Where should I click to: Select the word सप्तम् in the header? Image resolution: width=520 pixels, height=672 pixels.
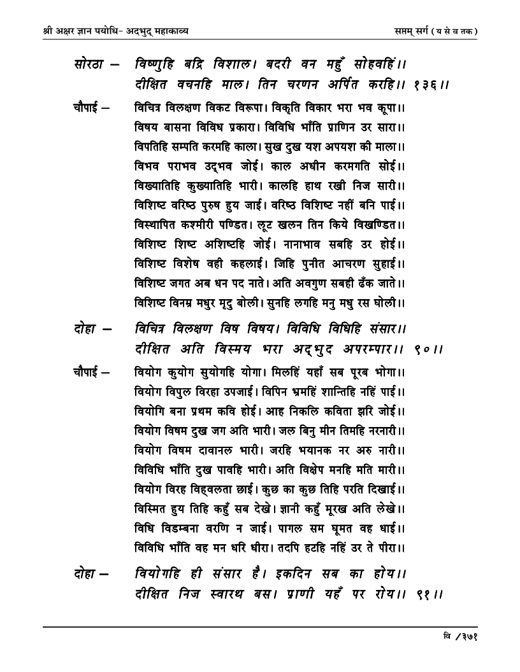pyautogui.click(x=407, y=30)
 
